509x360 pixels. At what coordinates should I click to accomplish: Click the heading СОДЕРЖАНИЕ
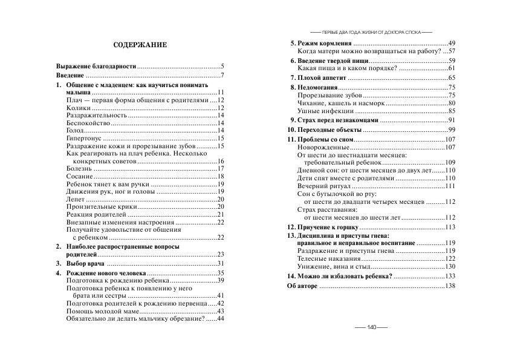click(x=140, y=45)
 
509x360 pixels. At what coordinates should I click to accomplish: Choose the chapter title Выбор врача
click(x=85, y=264)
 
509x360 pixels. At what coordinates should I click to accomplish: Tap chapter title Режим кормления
click(x=320, y=44)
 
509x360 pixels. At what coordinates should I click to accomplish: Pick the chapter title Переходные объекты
click(x=326, y=130)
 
